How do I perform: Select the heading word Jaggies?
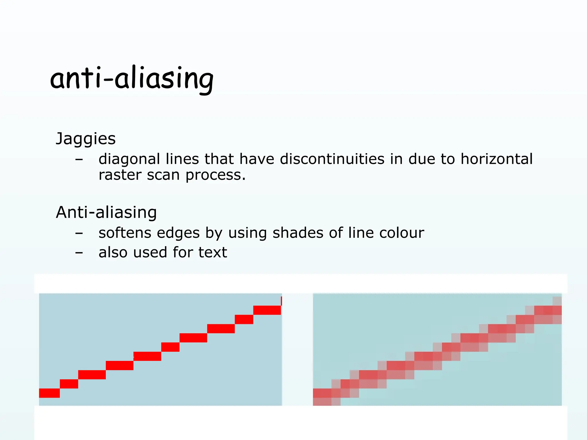pyautogui.click(x=86, y=139)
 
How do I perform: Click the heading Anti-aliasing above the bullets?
pyautogui.click(x=106, y=213)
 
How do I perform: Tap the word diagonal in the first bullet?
pyautogui.click(x=129, y=159)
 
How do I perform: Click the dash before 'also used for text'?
pyautogui.click(x=79, y=253)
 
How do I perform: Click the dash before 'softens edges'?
pyautogui.click(x=79, y=233)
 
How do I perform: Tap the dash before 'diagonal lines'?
pyautogui.click(x=79, y=160)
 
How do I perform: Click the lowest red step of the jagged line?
pyautogui.click(x=49, y=393)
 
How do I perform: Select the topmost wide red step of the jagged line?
pyautogui.click(x=267, y=310)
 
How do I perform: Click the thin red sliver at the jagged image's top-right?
pyautogui.click(x=281, y=301)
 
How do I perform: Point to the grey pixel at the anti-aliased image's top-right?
pyautogui.click(x=557, y=301)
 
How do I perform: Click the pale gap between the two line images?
pyautogui.click(x=297, y=349)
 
